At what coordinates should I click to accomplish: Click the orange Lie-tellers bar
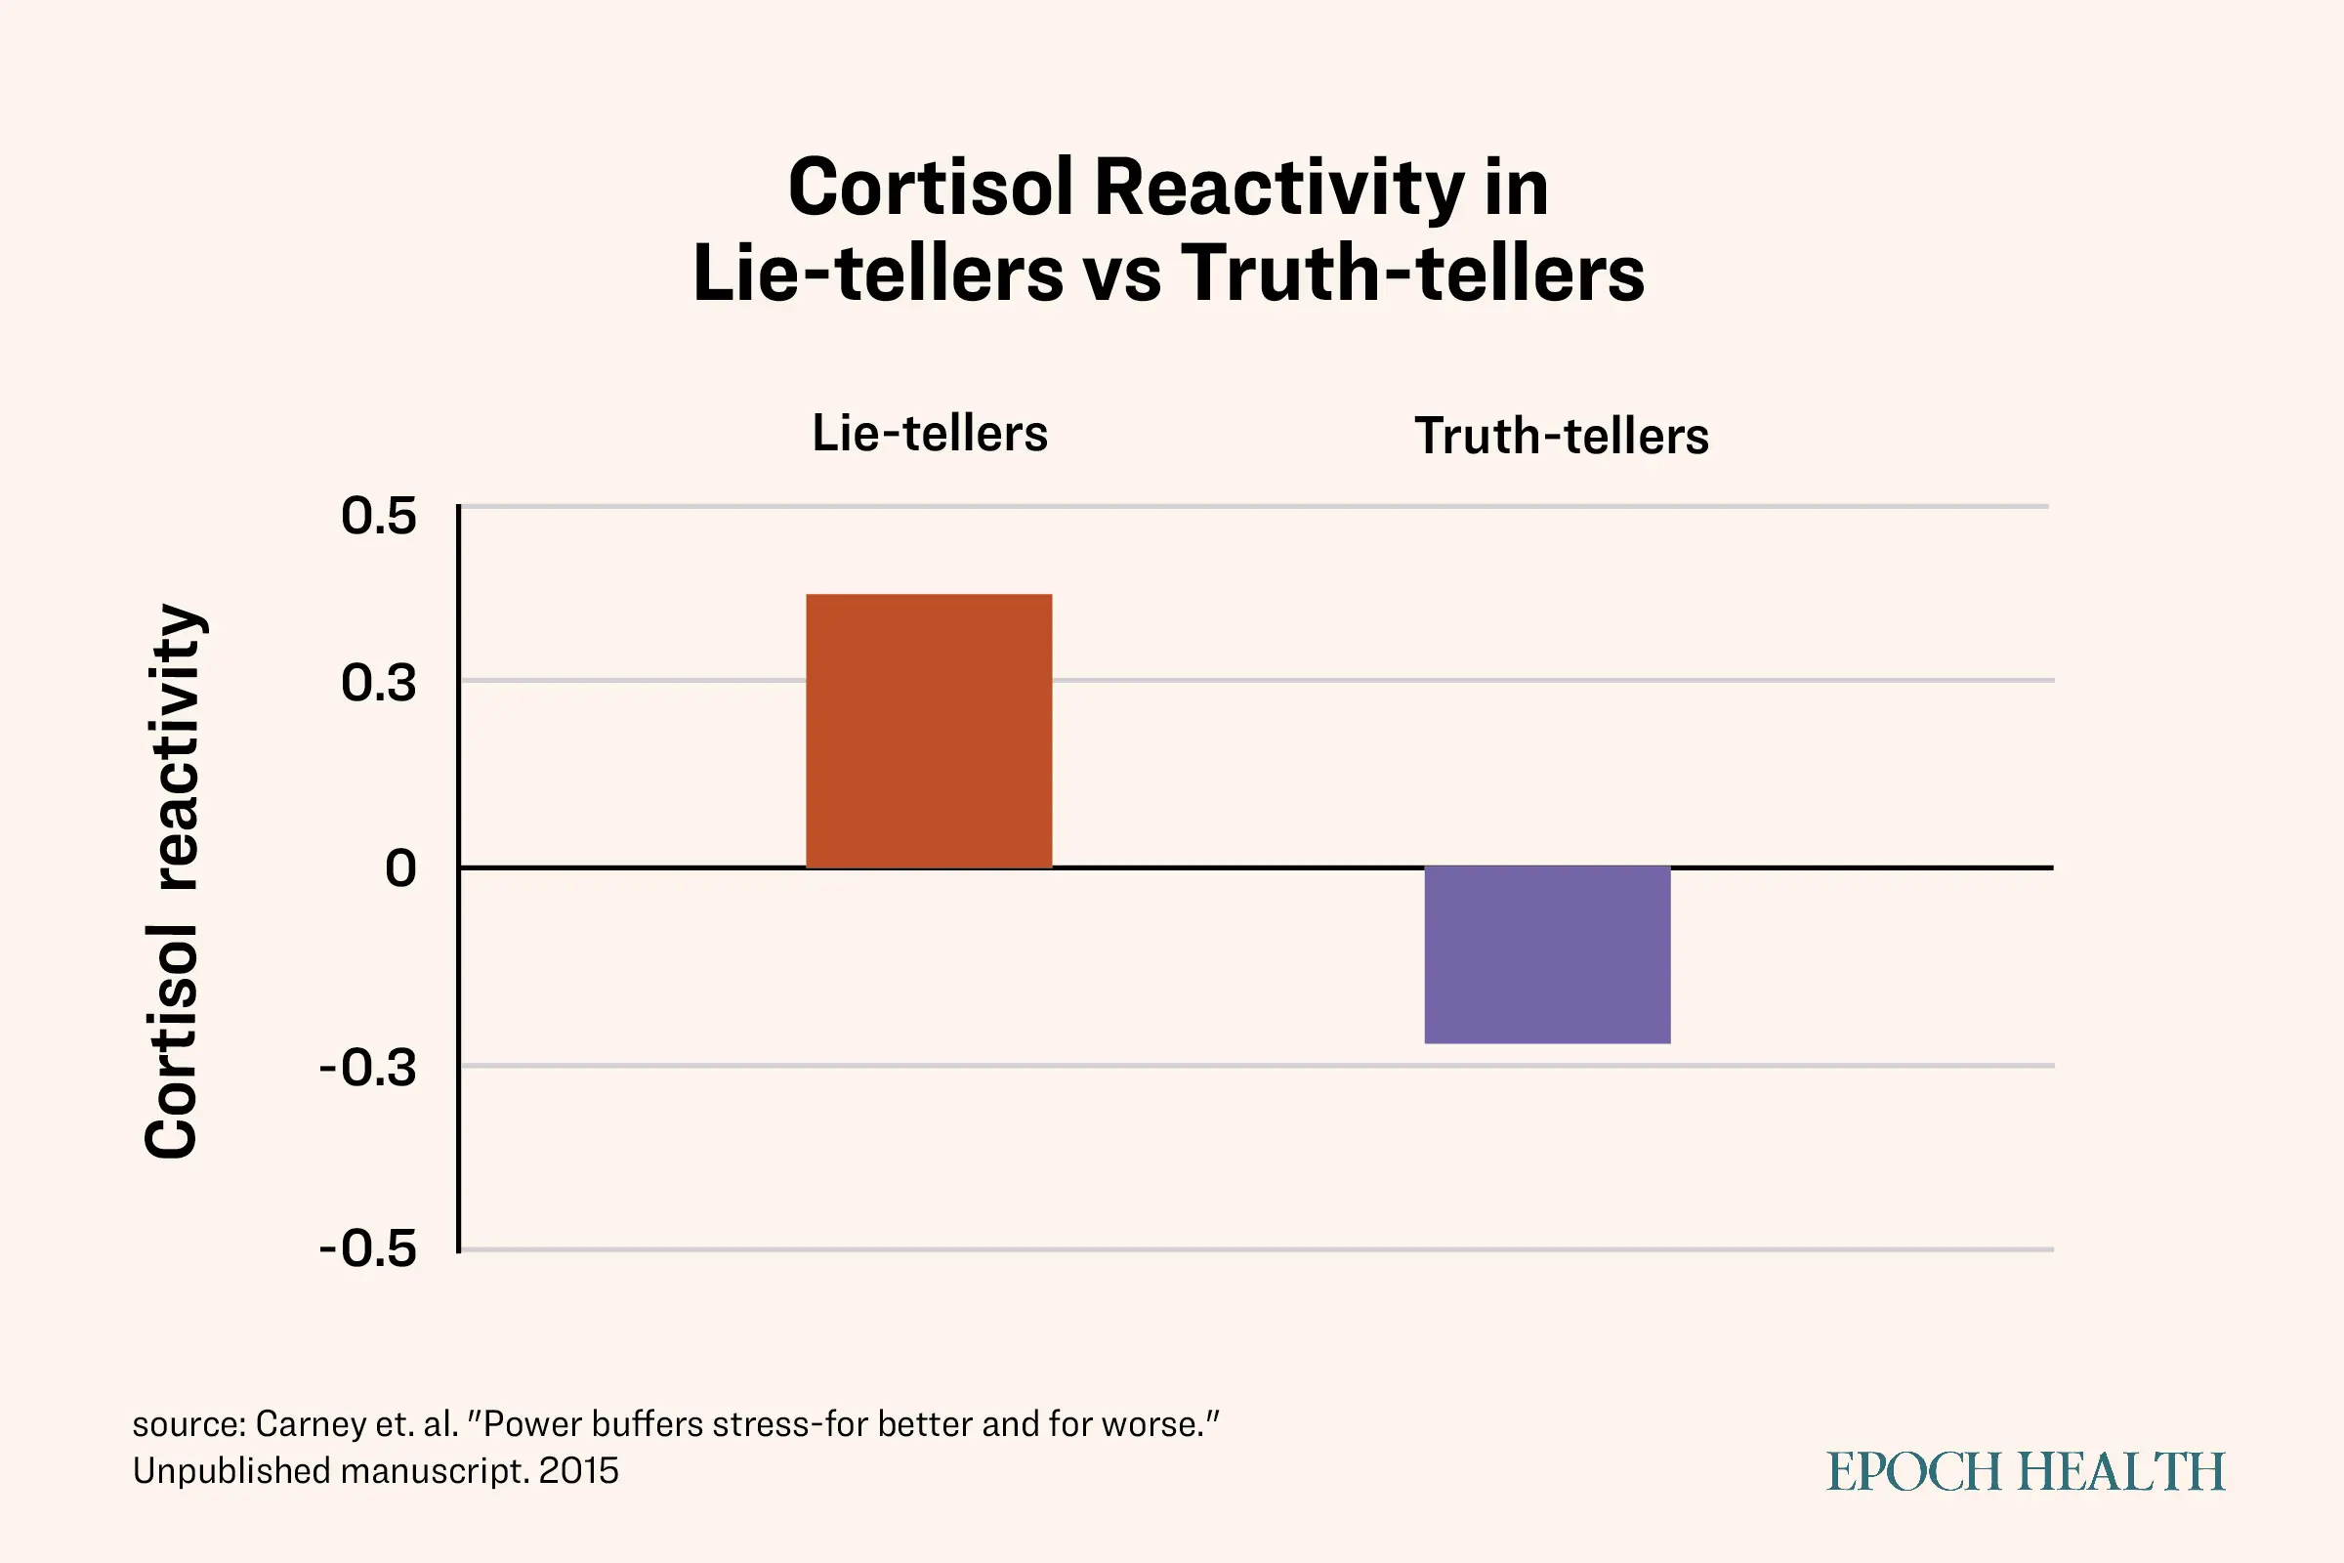[x=929, y=731]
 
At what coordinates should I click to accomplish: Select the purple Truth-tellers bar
[x=1548, y=955]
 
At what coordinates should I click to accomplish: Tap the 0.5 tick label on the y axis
[x=379, y=517]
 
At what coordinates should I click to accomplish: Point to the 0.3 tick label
[x=379, y=683]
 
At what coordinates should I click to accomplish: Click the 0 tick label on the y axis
[x=400, y=868]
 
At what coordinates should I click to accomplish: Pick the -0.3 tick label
[x=368, y=1068]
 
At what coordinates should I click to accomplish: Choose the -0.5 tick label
[x=368, y=1249]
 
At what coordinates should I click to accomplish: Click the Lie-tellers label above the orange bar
[x=930, y=433]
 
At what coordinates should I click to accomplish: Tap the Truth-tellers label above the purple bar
[x=1562, y=436]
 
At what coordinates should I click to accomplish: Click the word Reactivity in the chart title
[x=1279, y=190]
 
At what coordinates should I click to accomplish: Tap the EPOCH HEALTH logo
[x=2026, y=1472]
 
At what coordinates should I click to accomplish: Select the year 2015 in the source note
[x=579, y=1471]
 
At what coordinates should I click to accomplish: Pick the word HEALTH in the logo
[x=2121, y=1472]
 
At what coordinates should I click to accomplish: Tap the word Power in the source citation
[x=532, y=1424]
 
